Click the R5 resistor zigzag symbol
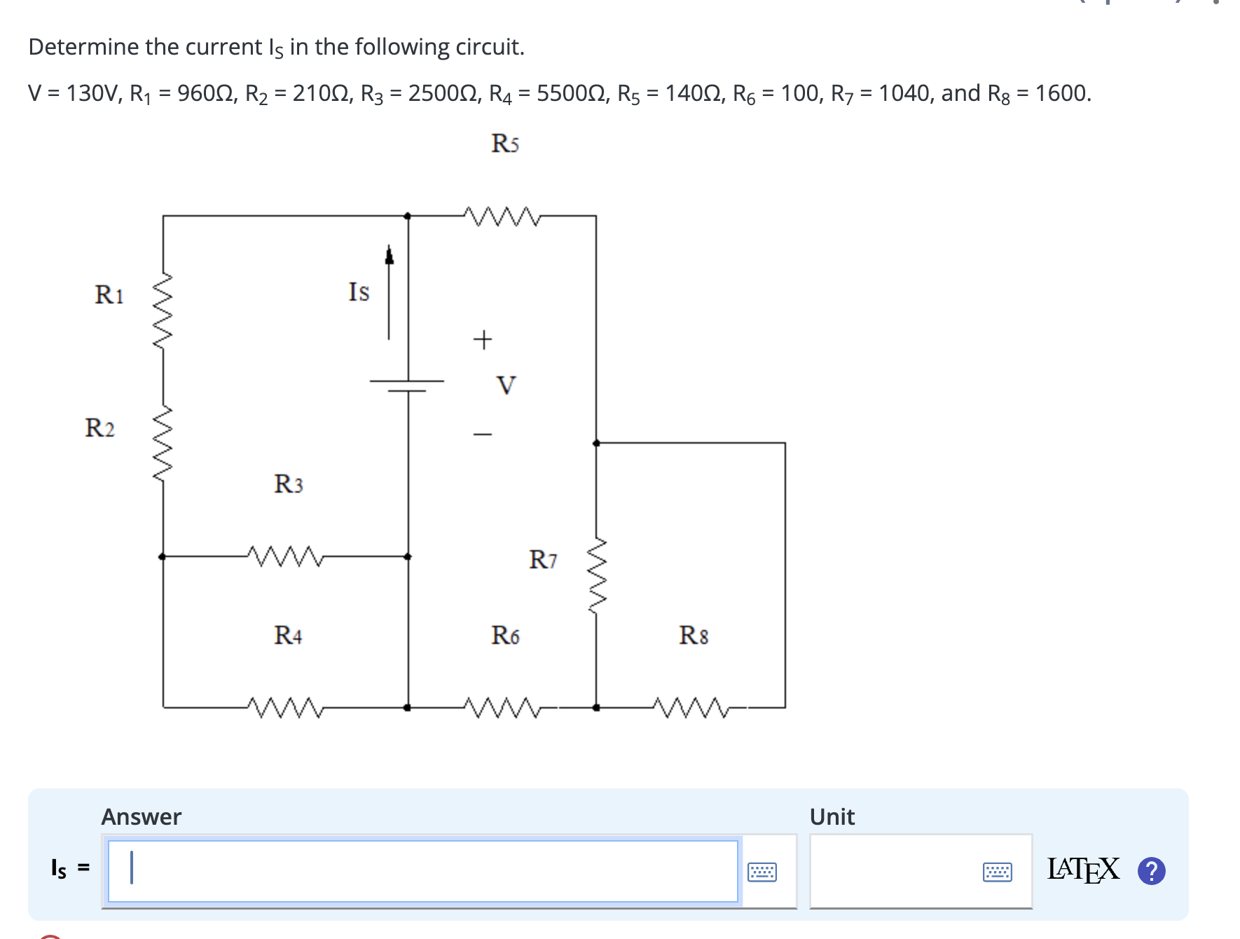coord(502,217)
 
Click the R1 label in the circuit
coord(109,294)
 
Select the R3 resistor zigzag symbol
coord(285,556)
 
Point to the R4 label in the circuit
coord(288,635)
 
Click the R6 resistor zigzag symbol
coord(502,708)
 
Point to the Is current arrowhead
coord(390,255)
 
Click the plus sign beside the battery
coord(482,340)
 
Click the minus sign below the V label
coord(482,434)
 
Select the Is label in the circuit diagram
coord(359,292)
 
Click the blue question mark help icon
coord(1151,871)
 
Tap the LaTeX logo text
coord(1082,870)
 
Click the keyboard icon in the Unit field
coord(997,872)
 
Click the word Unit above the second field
coord(832,817)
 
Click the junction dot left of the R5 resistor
coord(408,216)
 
